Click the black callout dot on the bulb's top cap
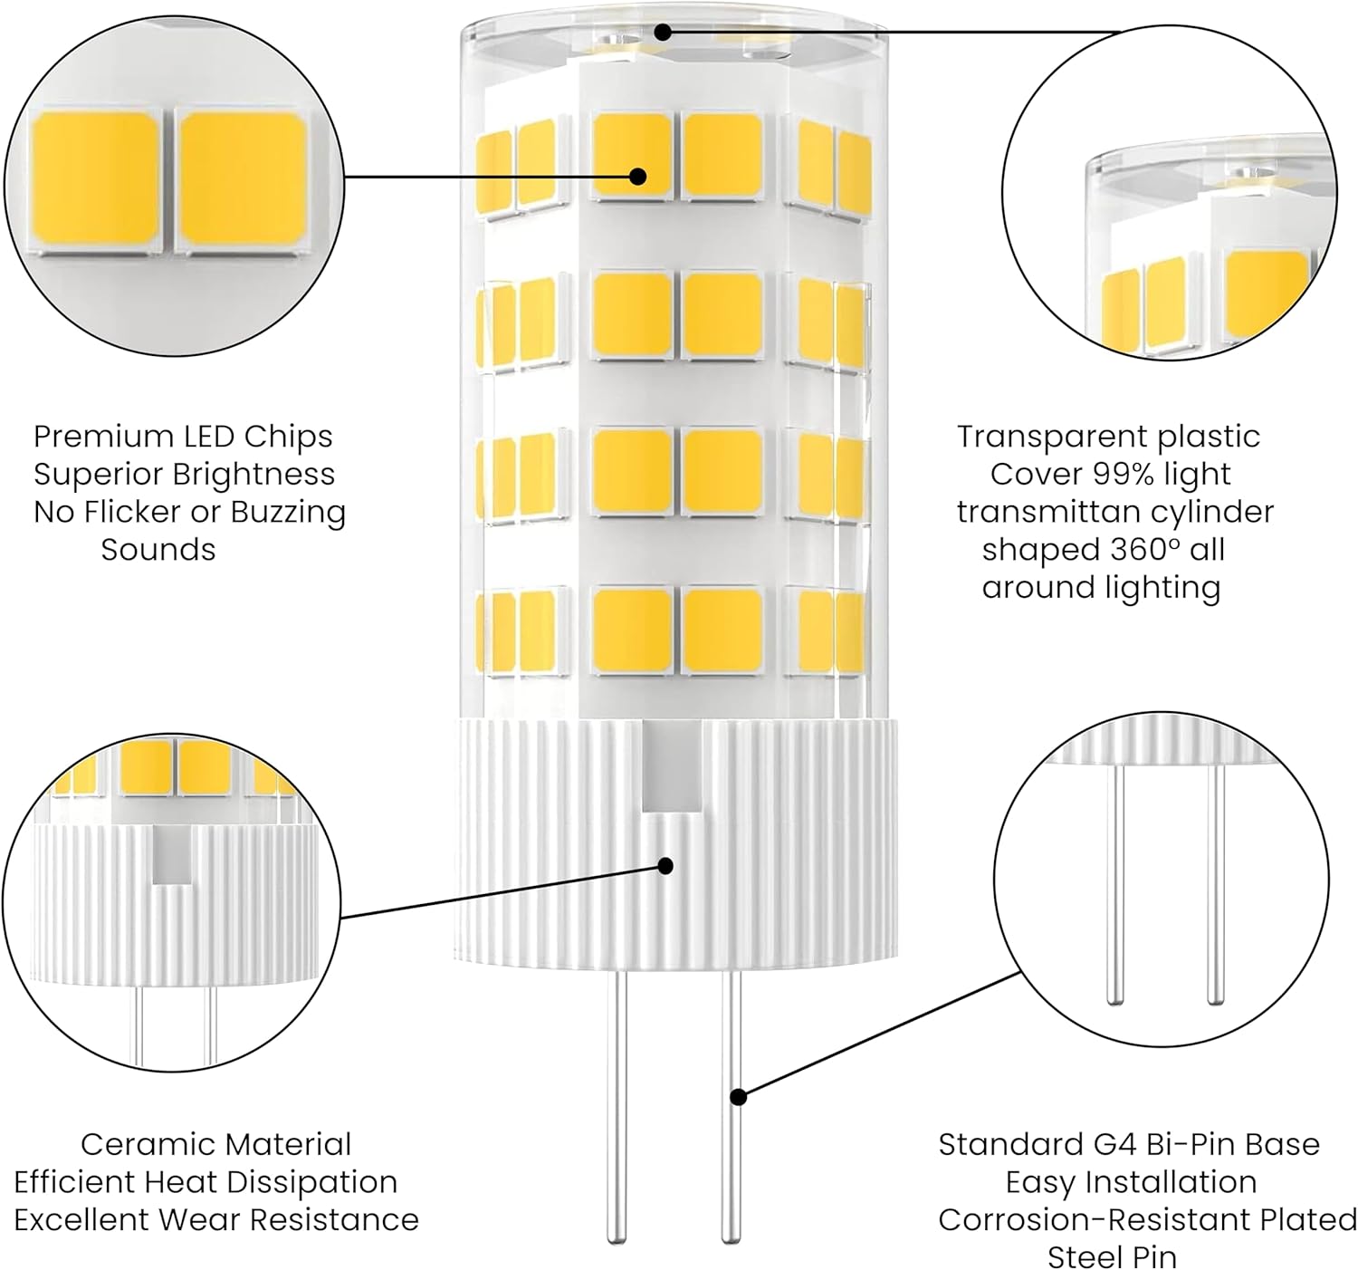(x=663, y=33)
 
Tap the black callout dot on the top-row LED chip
(x=637, y=176)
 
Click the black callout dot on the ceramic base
(x=665, y=866)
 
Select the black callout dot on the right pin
(x=739, y=1097)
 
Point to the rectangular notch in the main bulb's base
(x=662, y=770)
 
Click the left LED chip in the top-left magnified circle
(x=96, y=178)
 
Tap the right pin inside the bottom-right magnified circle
(x=1216, y=883)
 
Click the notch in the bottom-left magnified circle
(x=170, y=855)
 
